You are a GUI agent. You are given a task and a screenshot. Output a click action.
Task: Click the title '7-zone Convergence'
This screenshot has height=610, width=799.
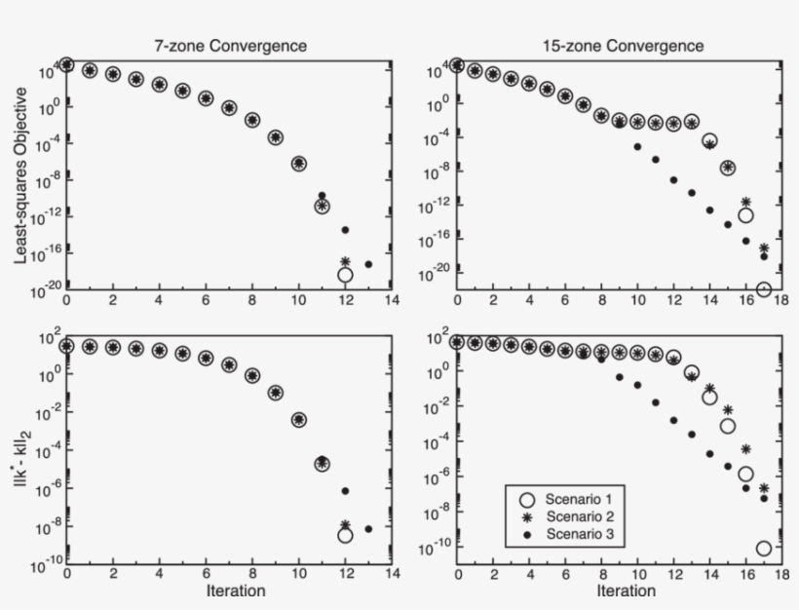point(228,46)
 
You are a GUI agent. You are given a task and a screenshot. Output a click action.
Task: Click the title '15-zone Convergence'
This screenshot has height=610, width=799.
point(624,46)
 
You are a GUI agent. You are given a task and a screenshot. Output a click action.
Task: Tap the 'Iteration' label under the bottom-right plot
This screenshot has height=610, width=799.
point(625,591)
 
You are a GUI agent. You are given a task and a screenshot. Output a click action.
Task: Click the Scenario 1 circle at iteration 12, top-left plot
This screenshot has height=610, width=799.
point(345,275)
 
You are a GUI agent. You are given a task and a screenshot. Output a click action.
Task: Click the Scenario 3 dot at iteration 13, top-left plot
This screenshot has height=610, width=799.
point(368,264)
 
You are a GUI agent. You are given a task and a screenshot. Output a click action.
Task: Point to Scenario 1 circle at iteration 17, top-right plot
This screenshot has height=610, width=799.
point(764,289)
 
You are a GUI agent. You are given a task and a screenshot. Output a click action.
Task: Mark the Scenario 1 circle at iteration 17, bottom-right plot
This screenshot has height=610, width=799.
point(764,549)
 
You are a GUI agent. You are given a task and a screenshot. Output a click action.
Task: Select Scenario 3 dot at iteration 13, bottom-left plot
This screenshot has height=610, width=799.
point(368,529)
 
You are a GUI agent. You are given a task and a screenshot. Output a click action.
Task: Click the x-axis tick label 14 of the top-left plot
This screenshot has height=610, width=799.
point(391,300)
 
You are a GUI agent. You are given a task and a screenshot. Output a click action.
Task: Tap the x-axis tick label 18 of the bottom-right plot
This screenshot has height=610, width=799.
point(782,573)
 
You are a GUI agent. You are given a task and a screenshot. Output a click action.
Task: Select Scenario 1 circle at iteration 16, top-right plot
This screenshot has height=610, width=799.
point(745,215)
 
